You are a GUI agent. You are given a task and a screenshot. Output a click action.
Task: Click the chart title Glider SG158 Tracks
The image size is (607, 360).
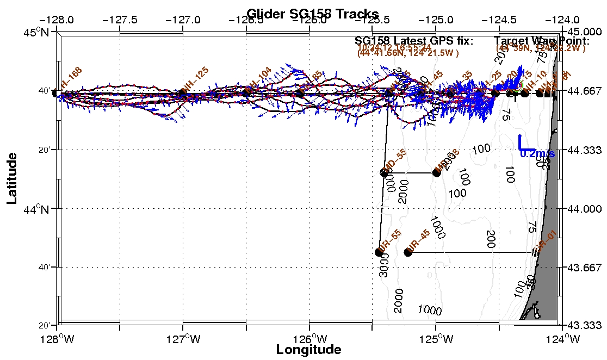313,14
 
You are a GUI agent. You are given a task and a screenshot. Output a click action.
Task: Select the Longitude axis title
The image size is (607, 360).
309,350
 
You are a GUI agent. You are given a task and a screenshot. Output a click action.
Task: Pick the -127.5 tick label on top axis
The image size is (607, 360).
121,19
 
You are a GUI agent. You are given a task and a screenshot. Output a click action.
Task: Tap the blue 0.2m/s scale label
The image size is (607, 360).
537,154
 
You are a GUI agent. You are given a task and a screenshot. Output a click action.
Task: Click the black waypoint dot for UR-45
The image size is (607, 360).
408,252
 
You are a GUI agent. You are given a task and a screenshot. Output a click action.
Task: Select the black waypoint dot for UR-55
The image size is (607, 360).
379,252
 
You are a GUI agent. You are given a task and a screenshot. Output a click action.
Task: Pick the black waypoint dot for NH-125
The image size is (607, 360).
183,94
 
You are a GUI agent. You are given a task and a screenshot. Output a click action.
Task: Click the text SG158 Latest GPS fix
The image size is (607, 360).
413,41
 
